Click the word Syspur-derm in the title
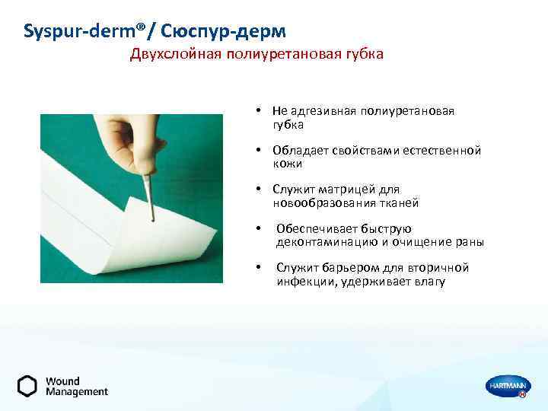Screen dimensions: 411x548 point(72,31)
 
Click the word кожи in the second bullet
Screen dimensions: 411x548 point(288,164)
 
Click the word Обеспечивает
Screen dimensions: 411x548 point(317,229)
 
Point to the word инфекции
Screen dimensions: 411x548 point(302,282)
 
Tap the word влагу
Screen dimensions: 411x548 point(430,282)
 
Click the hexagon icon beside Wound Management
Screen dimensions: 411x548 point(27,387)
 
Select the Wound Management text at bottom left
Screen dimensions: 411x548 point(76,387)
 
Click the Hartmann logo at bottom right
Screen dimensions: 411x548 point(507,387)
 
